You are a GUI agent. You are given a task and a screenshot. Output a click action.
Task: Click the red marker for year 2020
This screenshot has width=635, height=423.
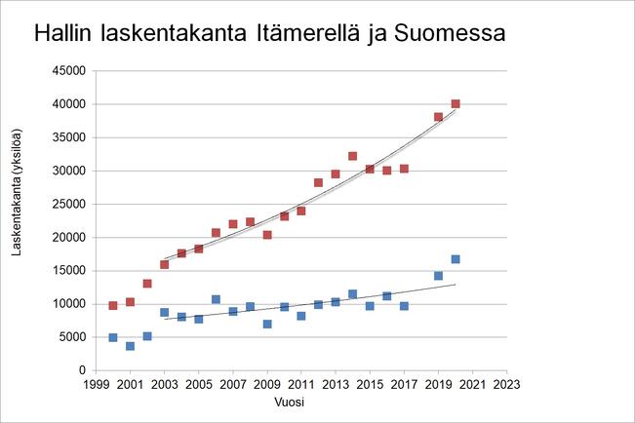click(456, 103)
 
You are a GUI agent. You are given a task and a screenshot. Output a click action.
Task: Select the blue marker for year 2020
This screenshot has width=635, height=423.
click(456, 259)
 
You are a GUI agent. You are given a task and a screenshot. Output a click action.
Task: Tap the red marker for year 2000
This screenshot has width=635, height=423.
click(113, 305)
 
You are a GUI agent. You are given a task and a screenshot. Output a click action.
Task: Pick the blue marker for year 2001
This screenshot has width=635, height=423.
click(130, 346)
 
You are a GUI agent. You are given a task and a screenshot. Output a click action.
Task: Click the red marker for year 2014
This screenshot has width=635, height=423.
click(352, 156)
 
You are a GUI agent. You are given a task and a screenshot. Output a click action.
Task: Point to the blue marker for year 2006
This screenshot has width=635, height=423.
click(216, 299)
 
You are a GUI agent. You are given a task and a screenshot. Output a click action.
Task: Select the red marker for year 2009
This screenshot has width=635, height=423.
click(267, 235)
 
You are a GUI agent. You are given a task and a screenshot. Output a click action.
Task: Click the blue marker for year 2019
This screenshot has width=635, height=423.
click(438, 276)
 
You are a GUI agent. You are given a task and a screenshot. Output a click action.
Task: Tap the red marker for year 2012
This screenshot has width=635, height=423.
click(318, 182)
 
